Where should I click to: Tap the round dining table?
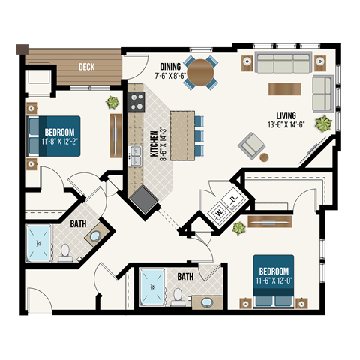pos(200,73)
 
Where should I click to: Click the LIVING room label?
pos(286,115)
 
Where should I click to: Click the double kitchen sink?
pos(136,155)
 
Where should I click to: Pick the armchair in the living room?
pos(251,145)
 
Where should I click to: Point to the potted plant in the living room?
pos(324,123)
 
